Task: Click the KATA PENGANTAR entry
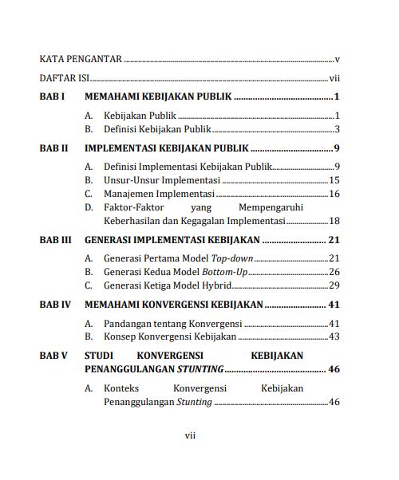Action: (x=80, y=59)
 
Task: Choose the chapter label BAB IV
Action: (x=55, y=305)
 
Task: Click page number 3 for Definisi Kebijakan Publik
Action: (x=338, y=129)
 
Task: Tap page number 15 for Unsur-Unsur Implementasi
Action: (x=335, y=180)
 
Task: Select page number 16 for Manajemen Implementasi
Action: (x=335, y=194)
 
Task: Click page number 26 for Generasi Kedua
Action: (x=335, y=272)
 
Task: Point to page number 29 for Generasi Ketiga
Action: (x=335, y=285)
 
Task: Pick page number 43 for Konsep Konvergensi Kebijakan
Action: (x=335, y=336)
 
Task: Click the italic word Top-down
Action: (x=231, y=258)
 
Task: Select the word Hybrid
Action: (x=215, y=285)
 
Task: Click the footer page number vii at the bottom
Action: (x=190, y=435)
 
